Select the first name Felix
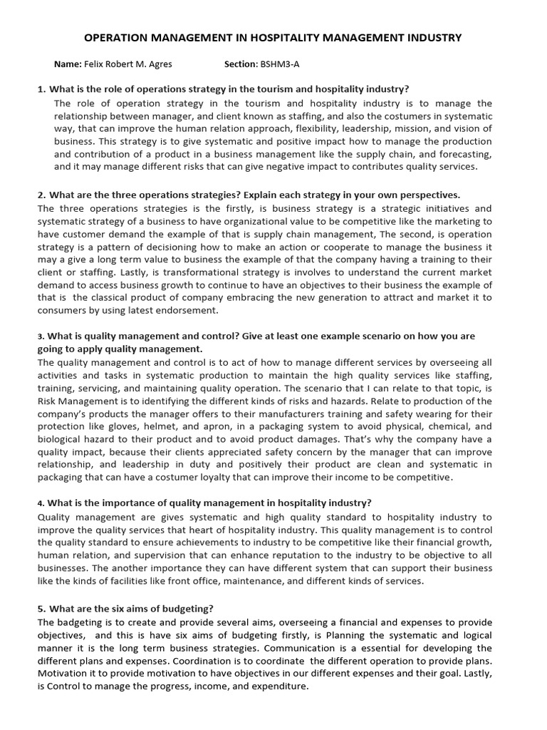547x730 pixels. (95, 64)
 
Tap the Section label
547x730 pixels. (239, 64)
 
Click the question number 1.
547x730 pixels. (41, 89)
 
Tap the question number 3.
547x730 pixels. (41, 336)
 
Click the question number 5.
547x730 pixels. (41, 609)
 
